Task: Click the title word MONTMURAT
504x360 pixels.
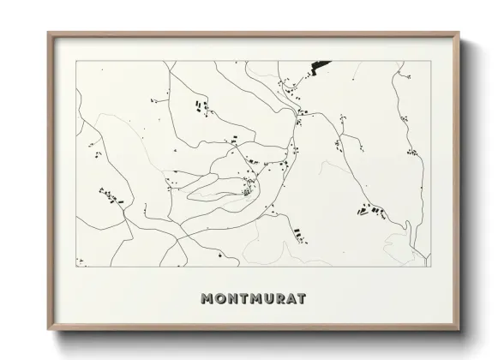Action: click(253, 299)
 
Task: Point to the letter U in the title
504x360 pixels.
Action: click(271, 299)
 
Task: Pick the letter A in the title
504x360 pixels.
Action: click(295, 299)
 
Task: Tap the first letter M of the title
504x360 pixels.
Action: click(207, 299)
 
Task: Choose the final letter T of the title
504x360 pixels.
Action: click(305, 299)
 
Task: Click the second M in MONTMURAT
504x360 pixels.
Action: click(257, 299)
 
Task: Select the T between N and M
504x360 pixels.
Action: click(245, 299)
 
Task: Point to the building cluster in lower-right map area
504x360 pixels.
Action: click(370, 208)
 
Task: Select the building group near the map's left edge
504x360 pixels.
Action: click(110, 196)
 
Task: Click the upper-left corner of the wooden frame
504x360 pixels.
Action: click(49, 33)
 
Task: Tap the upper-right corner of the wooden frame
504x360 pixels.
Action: click(459, 33)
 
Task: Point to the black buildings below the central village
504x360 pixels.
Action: click(297, 233)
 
